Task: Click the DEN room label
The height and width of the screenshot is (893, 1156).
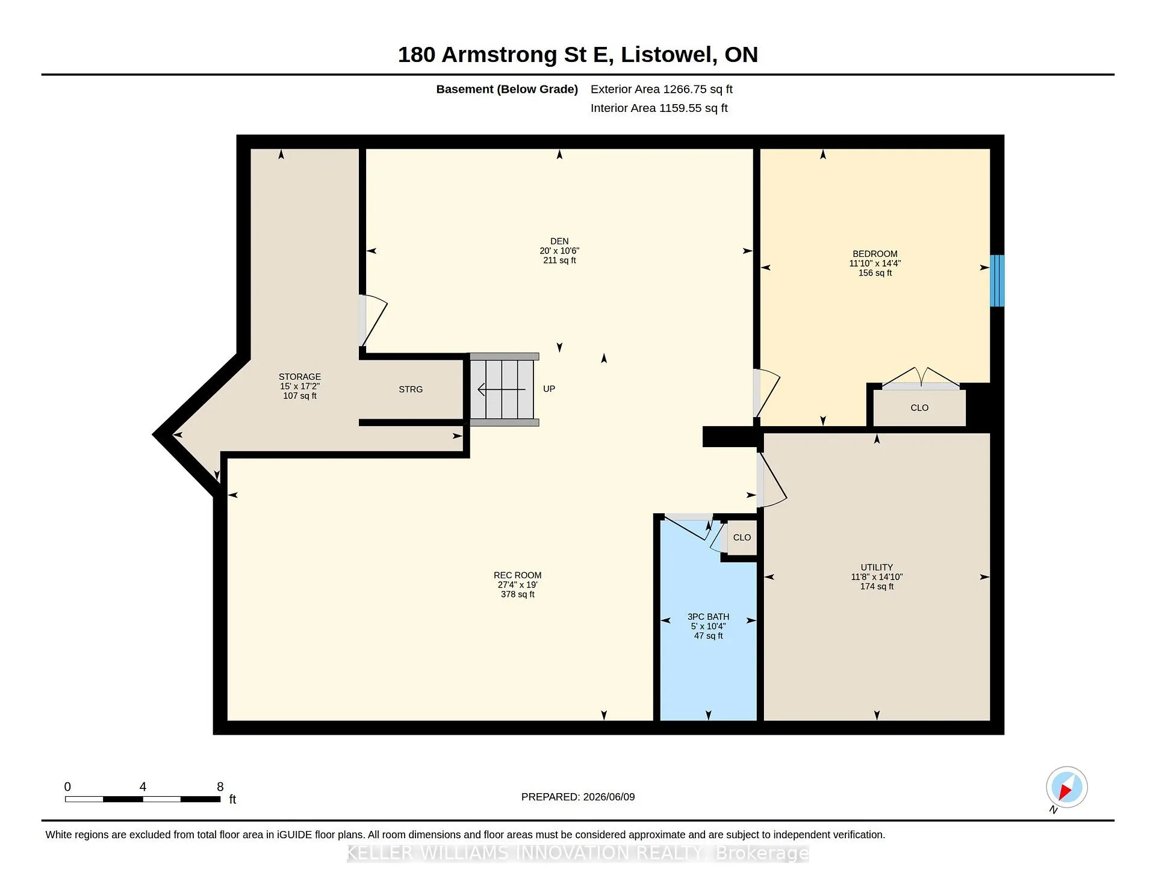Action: tap(559, 241)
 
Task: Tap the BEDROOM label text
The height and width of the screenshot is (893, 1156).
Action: tap(875, 254)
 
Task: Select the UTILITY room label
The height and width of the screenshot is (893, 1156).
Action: tap(877, 567)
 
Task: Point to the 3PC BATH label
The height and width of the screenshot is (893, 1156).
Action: tap(708, 617)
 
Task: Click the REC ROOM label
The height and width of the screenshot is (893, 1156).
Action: tap(518, 575)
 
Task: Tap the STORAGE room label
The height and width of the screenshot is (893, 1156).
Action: tap(300, 377)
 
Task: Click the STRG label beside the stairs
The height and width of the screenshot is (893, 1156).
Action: tap(411, 389)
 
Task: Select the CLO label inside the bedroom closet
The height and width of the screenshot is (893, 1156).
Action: tap(919, 408)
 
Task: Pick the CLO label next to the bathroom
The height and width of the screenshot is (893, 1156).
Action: tap(742, 537)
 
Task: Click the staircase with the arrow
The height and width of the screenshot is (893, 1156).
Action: tap(505, 389)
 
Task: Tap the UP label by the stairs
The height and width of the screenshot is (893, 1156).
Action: tap(549, 389)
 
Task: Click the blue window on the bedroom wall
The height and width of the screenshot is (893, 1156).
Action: tap(997, 280)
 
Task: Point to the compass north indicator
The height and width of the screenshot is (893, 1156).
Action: tap(1066, 788)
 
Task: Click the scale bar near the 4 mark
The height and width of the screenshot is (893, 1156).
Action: tap(143, 799)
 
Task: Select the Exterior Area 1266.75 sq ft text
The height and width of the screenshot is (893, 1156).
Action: tap(662, 89)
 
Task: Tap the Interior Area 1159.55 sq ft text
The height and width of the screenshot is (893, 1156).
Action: tap(659, 108)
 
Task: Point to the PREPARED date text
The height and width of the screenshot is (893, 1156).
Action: tap(578, 797)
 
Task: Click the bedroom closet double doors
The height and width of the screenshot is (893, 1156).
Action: tap(921, 378)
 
